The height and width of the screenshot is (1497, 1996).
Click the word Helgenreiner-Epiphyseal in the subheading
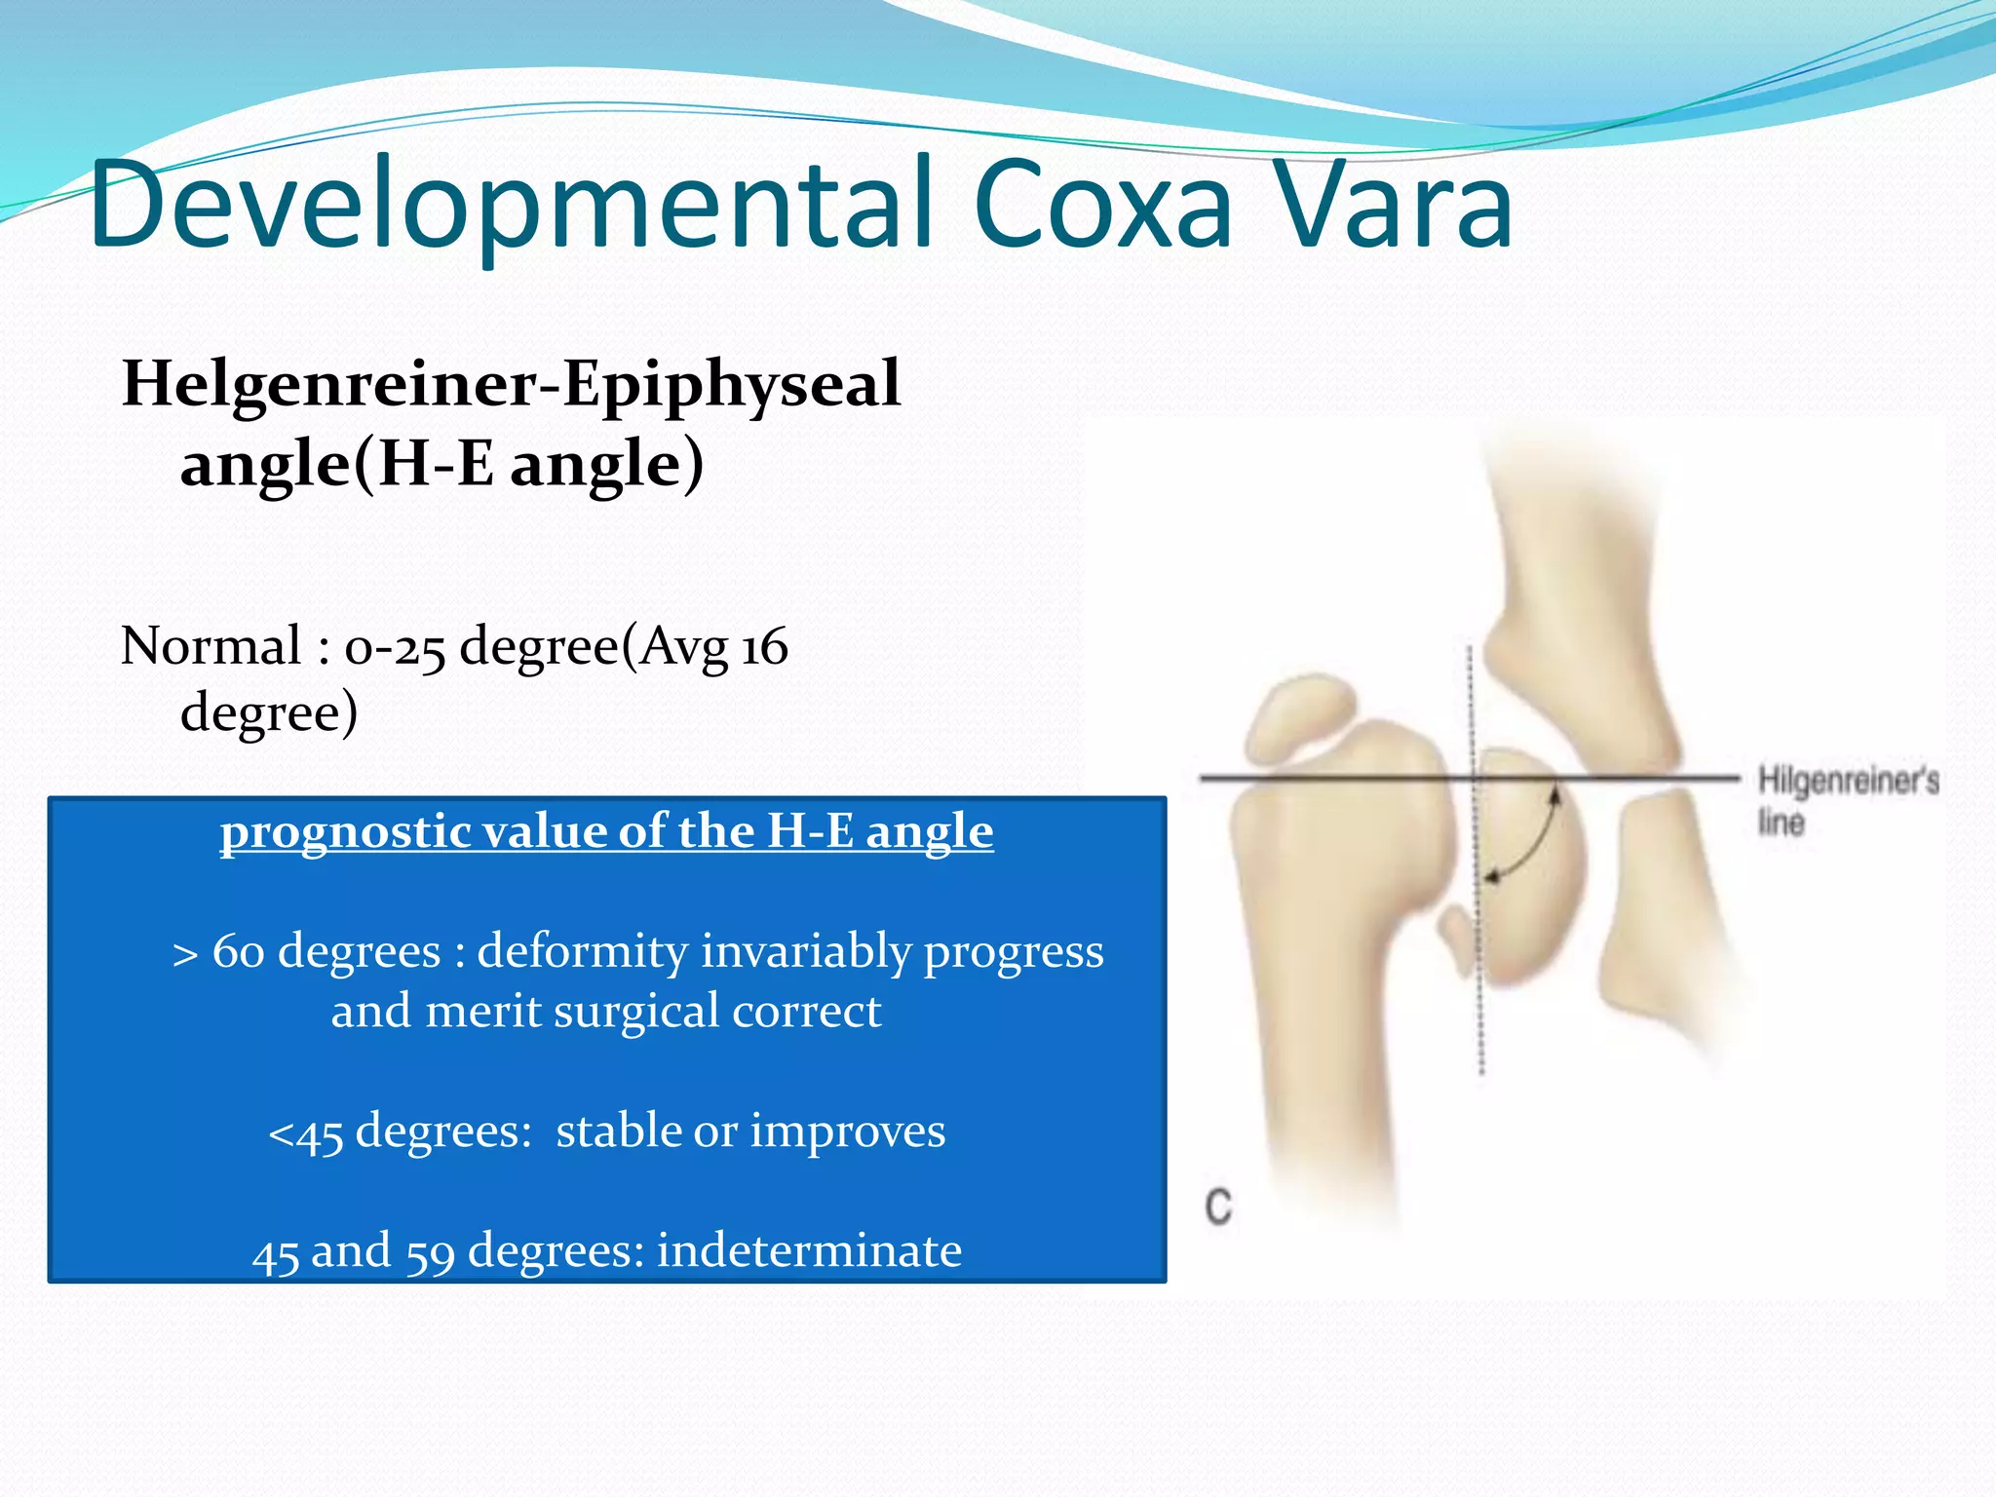511,384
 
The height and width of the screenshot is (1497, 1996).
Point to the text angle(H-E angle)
441,464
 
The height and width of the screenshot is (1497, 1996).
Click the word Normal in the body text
211,646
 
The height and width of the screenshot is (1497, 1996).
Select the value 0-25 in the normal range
395,648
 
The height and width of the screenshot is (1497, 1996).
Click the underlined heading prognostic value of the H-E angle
606,832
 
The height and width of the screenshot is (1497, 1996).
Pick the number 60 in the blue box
239,951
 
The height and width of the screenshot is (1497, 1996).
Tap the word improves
847,1132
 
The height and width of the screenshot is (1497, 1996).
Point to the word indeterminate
809,1250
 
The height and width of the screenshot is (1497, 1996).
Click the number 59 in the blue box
430,1252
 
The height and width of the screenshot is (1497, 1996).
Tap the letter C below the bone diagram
1218,1207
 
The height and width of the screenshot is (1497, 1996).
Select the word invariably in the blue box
805,952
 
